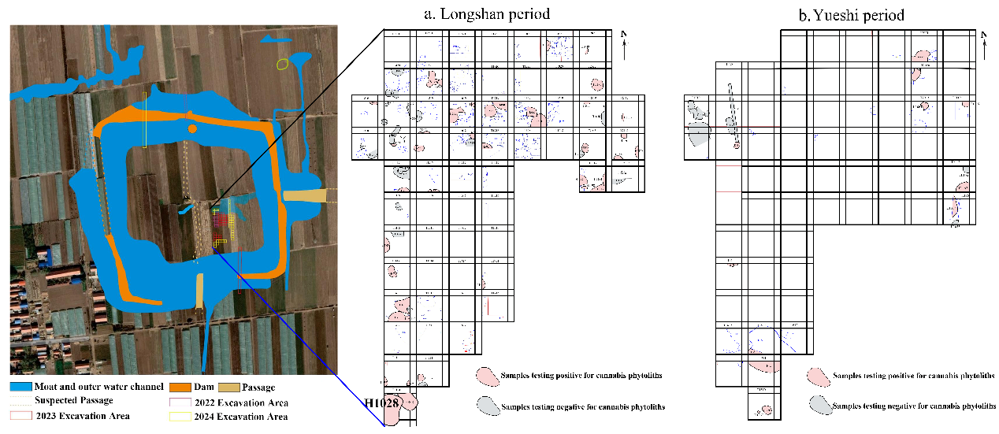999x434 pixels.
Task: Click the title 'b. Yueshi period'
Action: (x=858, y=14)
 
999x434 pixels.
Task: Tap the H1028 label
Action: (x=381, y=402)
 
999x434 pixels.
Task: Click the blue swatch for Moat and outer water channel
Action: (x=20, y=388)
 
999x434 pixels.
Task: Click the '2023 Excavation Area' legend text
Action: (x=82, y=416)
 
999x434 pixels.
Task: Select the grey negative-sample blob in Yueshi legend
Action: (x=819, y=405)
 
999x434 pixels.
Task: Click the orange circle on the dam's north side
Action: (x=191, y=128)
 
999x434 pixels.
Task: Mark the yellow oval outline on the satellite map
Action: (x=282, y=63)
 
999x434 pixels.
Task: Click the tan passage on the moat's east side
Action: (x=304, y=195)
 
